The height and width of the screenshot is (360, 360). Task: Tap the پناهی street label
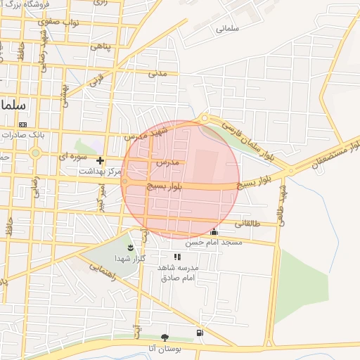[99, 47]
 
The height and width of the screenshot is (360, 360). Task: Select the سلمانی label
[229, 29]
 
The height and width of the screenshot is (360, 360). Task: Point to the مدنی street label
[157, 72]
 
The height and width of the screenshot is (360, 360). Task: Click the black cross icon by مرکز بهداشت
[100, 160]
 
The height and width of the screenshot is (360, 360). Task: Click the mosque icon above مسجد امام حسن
[214, 231]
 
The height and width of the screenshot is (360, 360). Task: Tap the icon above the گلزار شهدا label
[130, 247]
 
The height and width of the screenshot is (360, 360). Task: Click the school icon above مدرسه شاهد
[177, 257]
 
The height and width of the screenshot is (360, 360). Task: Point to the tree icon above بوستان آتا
[165, 337]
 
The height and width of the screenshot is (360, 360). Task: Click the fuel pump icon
[201, 332]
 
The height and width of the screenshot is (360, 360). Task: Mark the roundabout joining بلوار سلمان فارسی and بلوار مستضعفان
[290, 171]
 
